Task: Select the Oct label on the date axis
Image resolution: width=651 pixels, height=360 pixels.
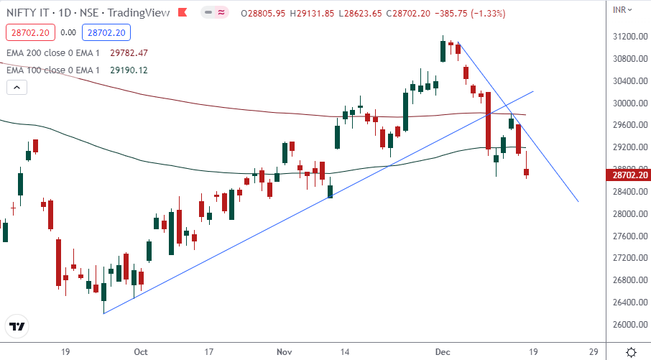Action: coord(141,351)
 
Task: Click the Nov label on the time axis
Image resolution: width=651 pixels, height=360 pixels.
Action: coord(285,351)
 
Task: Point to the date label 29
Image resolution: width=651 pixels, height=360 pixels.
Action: coord(594,351)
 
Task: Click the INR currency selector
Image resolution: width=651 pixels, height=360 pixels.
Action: coord(622,10)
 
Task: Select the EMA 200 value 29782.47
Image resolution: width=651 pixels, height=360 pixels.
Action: coord(128,52)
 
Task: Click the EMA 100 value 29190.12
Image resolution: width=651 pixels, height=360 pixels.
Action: coord(128,70)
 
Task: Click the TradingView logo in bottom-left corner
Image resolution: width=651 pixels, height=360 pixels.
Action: coord(17,326)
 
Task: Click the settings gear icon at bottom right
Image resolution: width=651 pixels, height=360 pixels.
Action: coord(630,351)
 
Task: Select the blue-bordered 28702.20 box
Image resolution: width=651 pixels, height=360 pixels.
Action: coord(105,32)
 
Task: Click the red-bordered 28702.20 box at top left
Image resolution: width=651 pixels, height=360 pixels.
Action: coord(29,32)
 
